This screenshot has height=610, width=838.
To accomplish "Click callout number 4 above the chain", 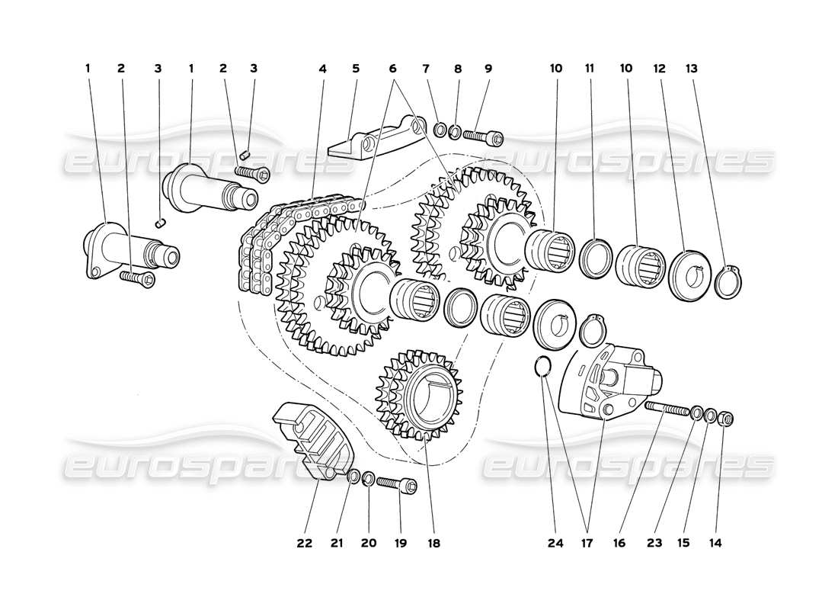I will tap(323, 68).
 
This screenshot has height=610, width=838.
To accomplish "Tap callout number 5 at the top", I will tap(355, 68).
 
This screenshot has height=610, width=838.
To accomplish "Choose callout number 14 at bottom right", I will tap(715, 544).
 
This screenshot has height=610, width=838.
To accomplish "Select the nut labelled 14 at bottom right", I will tap(726, 417).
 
